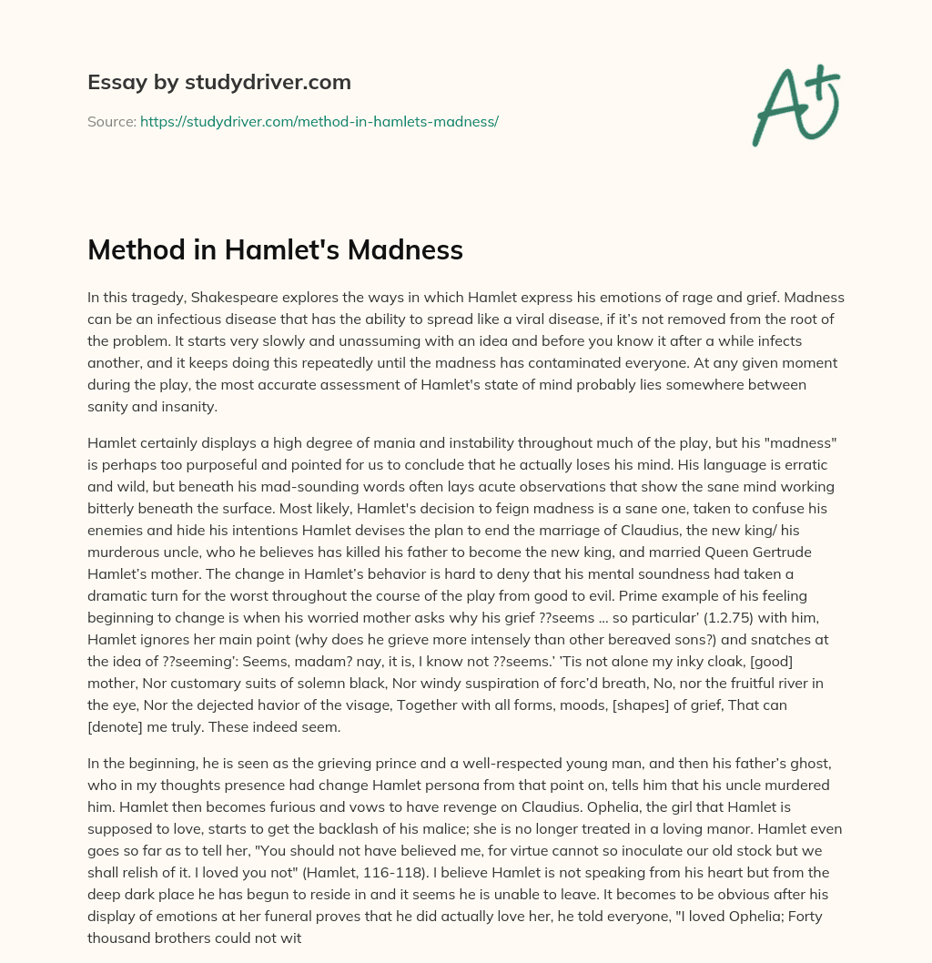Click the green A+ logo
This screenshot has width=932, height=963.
coord(795,104)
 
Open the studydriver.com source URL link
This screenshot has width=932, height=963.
coord(319,121)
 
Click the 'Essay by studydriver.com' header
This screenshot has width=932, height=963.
coord(218,82)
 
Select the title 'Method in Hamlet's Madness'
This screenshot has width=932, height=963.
coord(275,250)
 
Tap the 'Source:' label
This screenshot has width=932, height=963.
coord(111,121)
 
